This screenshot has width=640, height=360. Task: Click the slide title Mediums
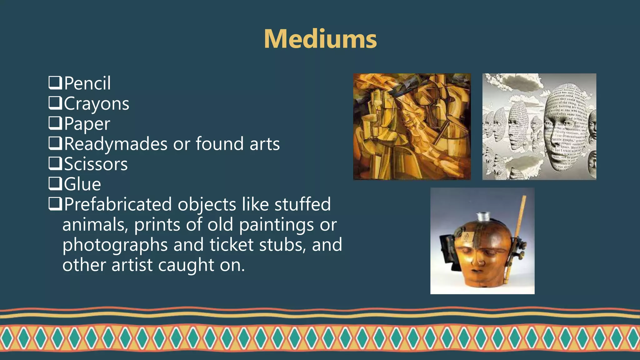pyautogui.click(x=320, y=39)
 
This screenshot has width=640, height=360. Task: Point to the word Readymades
pyautogui.click(x=116, y=144)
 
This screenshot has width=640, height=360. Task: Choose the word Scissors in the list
pyautogui.click(x=96, y=164)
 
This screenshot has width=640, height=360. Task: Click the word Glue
pyautogui.click(x=82, y=184)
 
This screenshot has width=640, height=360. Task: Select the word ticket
pyautogui.click(x=231, y=244)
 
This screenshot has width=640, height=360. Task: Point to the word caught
pyautogui.click(x=186, y=265)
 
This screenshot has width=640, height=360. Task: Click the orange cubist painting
pyautogui.click(x=412, y=127)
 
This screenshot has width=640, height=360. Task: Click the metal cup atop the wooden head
pyautogui.click(x=483, y=216)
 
